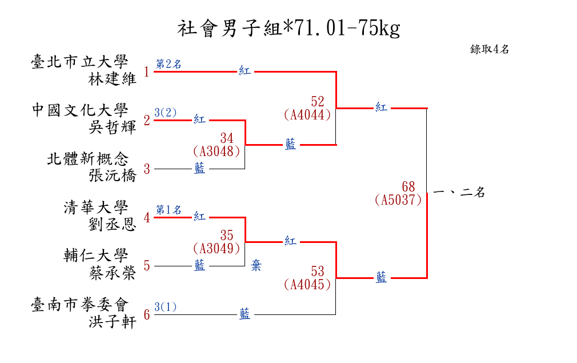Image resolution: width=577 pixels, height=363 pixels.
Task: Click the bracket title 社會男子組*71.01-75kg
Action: pos(288,27)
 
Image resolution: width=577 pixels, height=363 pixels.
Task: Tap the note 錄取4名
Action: pos(489,50)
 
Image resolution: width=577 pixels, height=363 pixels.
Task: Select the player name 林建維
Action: pos(113,79)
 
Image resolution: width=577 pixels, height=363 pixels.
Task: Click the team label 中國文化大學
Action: pos(80,110)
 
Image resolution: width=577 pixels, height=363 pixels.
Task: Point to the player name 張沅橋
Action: pos(113,175)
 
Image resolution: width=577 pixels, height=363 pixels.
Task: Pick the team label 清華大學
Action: pos(96,207)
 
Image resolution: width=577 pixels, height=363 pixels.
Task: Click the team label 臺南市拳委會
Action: pos(80,304)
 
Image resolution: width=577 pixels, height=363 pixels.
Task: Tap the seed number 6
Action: pos(147,315)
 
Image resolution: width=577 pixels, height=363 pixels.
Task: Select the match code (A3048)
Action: pos(215,151)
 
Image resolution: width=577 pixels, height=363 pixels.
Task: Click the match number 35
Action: pos(227,235)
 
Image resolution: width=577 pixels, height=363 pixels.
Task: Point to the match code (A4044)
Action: pos(307,114)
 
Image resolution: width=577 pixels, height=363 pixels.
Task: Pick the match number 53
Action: pos(318,271)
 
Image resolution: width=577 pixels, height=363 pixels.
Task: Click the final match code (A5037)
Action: pos(398,200)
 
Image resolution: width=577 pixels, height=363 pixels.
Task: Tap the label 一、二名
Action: pos(459,193)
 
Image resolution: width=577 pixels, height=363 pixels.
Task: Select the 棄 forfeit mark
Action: pos(257,265)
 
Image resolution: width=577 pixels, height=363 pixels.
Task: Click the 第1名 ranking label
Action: pos(169,209)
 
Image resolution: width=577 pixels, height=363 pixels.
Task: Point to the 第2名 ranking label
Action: pos(169,64)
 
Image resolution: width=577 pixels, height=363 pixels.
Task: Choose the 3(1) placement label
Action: pos(166,307)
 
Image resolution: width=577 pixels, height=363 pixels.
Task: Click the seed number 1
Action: pos(147,72)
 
